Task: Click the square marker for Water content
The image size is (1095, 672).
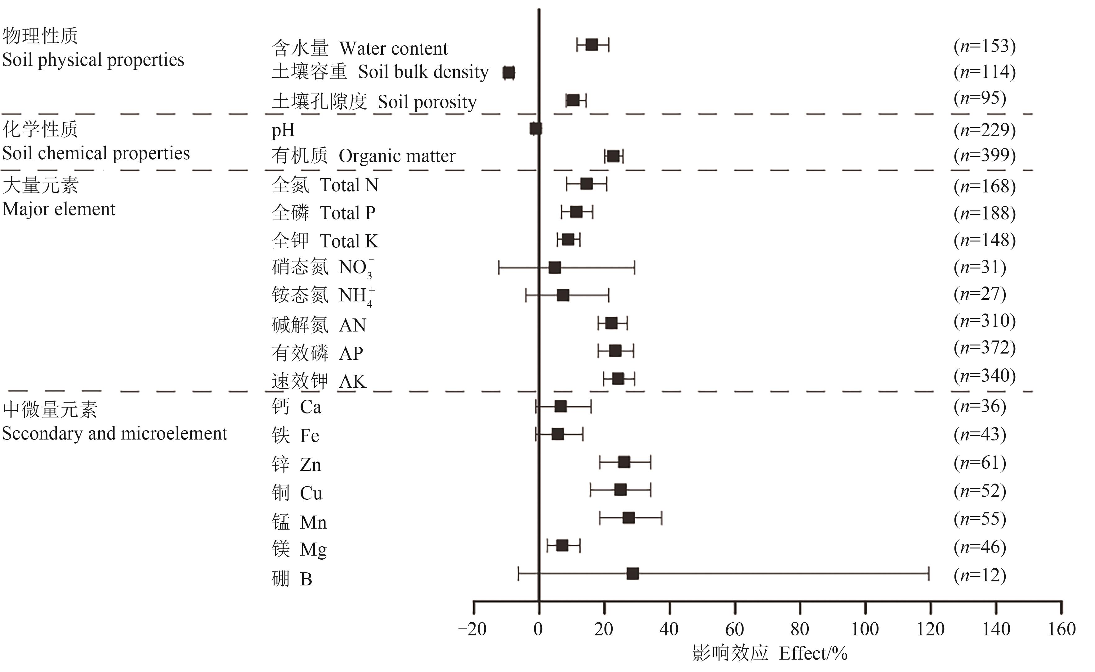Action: pos(592,44)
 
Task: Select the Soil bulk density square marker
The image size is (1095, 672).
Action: pos(508,73)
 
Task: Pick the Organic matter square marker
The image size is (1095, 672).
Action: pos(613,156)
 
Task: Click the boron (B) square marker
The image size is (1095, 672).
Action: pos(632,574)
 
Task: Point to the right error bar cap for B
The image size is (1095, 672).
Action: pos(928,574)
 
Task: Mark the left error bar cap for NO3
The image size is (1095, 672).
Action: pos(499,268)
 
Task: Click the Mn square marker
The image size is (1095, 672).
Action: pos(628,518)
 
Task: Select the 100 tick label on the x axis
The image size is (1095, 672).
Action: pos(865,629)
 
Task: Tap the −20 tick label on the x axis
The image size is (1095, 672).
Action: pos(472,629)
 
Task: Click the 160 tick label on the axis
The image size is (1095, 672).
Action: pos(1061,629)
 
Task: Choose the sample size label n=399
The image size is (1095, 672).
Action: pos(984,155)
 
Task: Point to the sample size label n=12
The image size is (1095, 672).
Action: pos(980,575)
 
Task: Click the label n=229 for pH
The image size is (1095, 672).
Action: pos(984,130)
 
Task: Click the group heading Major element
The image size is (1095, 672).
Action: pos(59,209)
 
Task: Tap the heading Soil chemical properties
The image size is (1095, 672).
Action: pos(96,153)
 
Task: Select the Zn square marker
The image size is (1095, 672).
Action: pos(624,462)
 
